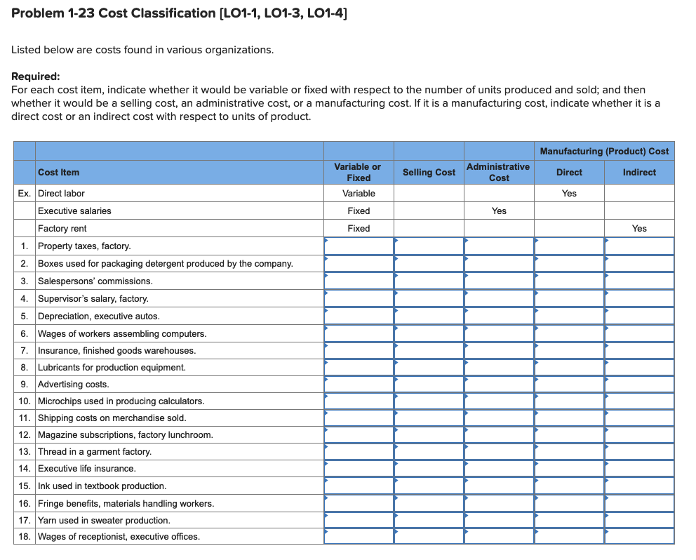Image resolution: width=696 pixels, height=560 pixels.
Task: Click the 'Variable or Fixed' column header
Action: [358, 172]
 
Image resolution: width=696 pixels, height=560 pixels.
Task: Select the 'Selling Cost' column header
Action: [429, 172]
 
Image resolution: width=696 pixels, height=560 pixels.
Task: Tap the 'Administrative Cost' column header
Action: [498, 172]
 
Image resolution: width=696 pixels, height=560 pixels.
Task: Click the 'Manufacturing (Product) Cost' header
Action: [604, 151]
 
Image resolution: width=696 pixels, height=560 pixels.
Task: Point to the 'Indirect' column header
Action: [639, 172]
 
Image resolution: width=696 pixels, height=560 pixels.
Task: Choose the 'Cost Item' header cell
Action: [59, 172]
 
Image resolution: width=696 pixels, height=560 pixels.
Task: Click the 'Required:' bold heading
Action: [36, 77]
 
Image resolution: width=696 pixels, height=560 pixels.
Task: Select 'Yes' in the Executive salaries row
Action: [499, 211]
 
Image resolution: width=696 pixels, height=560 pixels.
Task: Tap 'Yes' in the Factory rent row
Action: [639, 228]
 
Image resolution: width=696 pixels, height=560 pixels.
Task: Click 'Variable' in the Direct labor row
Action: [359, 193]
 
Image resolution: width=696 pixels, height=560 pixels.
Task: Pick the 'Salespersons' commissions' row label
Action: [95, 281]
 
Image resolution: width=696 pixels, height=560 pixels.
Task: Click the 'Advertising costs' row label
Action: [73, 384]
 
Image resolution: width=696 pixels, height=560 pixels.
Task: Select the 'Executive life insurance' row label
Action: [86, 468]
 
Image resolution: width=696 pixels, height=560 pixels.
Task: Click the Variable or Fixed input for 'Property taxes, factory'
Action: [359, 246]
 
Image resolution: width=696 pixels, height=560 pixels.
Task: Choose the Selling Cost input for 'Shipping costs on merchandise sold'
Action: [429, 418]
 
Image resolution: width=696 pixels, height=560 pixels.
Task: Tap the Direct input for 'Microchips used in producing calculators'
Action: [569, 401]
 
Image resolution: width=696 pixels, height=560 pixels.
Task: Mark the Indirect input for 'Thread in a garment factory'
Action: [639, 451]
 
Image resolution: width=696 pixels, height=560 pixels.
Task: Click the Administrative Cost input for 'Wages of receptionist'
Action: [499, 536]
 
